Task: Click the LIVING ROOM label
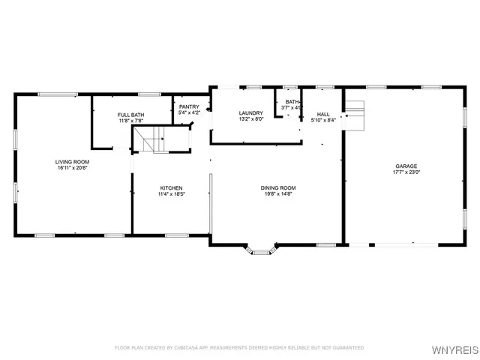coord(73,162)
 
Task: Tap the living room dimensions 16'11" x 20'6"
coord(73,169)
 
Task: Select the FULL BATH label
coord(131,115)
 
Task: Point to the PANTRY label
coord(189,106)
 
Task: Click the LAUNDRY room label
coord(250,113)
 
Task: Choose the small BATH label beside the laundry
coord(292,102)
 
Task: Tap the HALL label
coord(323,113)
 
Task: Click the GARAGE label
coord(406,166)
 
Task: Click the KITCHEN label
coord(171,187)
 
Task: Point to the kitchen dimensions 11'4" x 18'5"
coord(171,194)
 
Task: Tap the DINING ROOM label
coord(278,187)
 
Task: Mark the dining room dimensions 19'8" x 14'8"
coord(278,194)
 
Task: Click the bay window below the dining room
coord(261,251)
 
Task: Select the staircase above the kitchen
coord(153,139)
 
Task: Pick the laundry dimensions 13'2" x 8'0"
coord(250,120)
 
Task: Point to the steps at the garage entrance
coord(355,113)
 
